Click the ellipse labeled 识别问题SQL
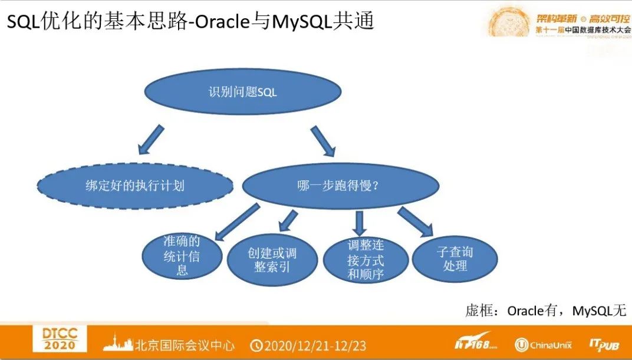[242, 92]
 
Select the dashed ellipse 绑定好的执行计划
[135, 186]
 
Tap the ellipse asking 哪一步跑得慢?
[340, 186]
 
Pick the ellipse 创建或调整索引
[272, 260]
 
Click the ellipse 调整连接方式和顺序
[366, 260]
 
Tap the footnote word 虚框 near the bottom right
[478, 311]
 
